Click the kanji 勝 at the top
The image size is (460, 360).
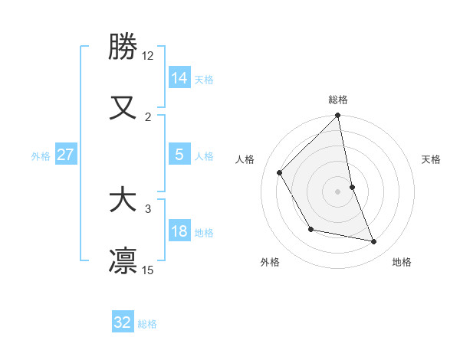tap(123, 47)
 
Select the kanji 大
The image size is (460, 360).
tap(123, 200)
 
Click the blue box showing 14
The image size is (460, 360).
tap(179, 77)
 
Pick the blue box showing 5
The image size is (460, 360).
tap(179, 155)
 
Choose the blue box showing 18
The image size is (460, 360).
tap(179, 231)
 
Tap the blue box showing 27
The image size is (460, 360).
tap(66, 155)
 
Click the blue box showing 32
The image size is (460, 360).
tap(123, 322)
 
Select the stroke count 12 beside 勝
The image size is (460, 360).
tap(148, 56)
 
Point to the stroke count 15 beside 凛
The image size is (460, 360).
tap(148, 270)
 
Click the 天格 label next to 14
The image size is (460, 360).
tap(204, 79)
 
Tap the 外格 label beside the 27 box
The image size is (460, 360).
tap(41, 156)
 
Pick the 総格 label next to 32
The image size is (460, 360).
tap(147, 324)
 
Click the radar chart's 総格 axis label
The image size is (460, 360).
tap(338, 100)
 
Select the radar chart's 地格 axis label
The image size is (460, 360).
tap(402, 262)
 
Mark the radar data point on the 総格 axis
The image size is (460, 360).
tap(338, 116)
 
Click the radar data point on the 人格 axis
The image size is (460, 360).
tap(280, 172)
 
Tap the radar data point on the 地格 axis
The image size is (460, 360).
tap(374, 241)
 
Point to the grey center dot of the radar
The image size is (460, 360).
tap(338, 191)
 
